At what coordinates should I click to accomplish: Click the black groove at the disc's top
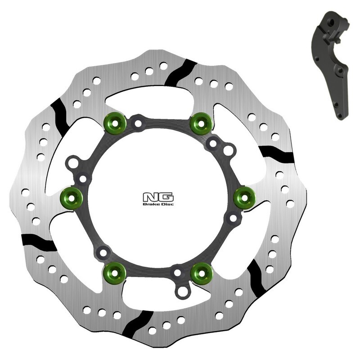click(x=180, y=72)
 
